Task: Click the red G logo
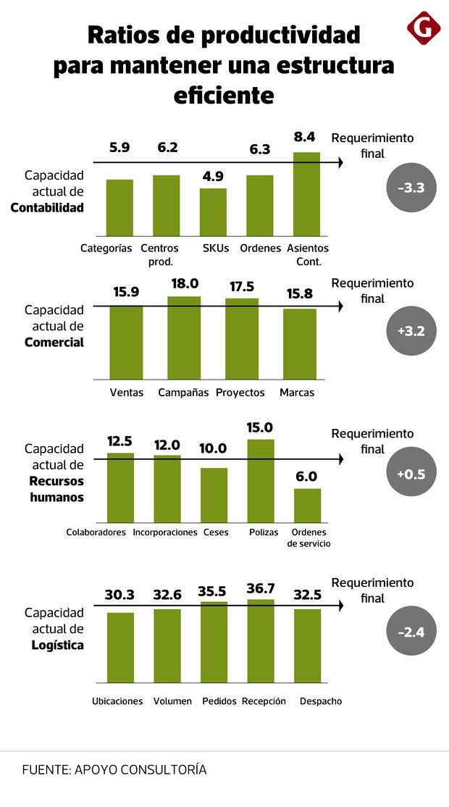(x=424, y=28)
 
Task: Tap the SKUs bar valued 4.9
(x=213, y=211)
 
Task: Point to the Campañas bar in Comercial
(x=184, y=338)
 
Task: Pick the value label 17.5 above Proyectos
(x=241, y=287)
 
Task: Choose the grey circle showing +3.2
(x=411, y=332)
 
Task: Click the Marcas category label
(x=297, y=393)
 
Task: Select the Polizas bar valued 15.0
(x=261, y=480)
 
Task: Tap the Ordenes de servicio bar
(x=307, y=505)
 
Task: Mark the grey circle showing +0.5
(x=411, y=474)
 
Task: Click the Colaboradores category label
(x=96, y=532)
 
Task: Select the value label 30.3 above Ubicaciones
(x=119, y=595)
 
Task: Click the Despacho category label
(x=320, y=701)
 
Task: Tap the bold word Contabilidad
(x=47, y=208)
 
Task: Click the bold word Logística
(x=57, y=645)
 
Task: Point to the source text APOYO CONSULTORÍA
(x=140, y=769)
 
